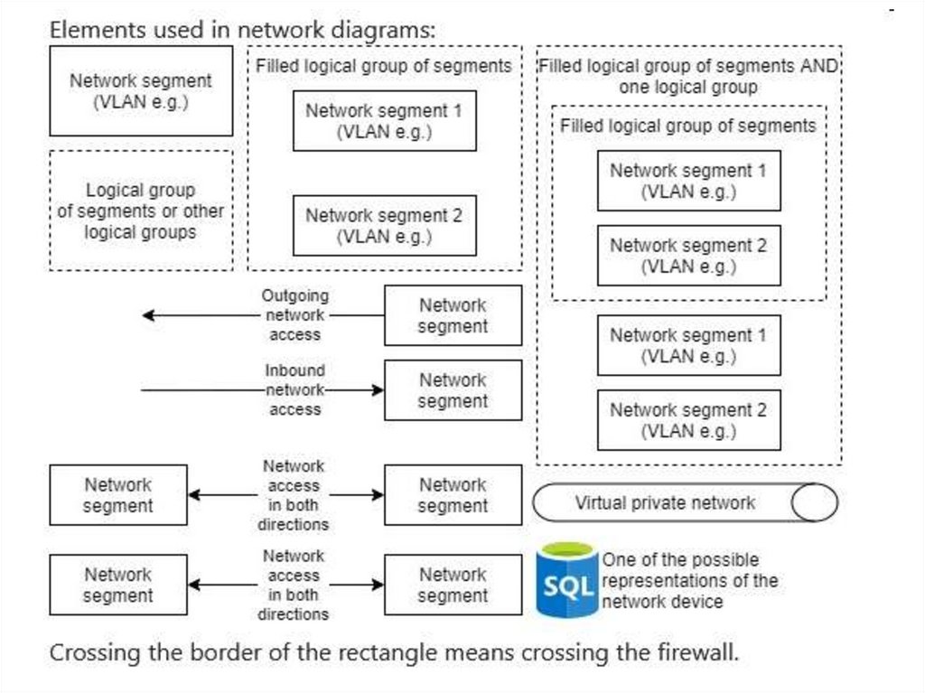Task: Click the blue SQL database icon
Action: click(566, 580)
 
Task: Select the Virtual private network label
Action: click(665, 503)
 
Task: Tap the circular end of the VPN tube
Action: click(815, 503)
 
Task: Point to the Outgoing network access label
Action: click(294, 315)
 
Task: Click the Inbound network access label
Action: click(294, 390)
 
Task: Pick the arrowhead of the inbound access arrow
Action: click(378, 390)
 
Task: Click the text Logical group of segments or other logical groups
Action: click(140, 211)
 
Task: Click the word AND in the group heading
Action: click(821, 66)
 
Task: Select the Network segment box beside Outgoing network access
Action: click(453, 315)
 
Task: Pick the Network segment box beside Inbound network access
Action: click(453, 390)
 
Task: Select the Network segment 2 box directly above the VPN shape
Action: click(688, 420)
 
